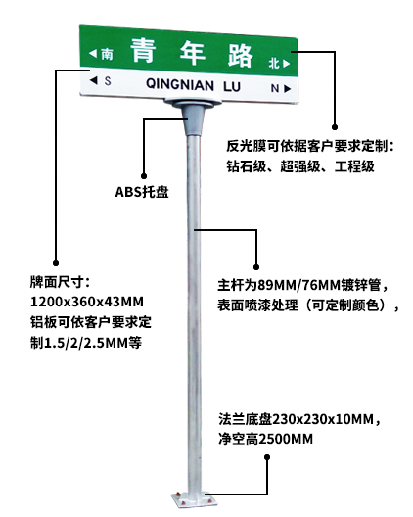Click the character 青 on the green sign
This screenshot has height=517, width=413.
[144, 50]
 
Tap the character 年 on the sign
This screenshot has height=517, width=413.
[193, 53]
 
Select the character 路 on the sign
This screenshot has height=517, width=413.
[241, 56]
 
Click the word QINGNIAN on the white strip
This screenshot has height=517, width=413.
[180, 84]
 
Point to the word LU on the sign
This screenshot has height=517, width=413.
[232, 86]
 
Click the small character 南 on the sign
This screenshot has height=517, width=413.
[107, 54]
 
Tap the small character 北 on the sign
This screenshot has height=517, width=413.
[274, 63]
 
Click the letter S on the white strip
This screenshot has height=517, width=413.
[108, 80]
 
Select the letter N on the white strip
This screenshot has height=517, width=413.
[275, 88]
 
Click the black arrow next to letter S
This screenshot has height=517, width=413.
[94, 80]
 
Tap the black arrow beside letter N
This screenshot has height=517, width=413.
[287, 89]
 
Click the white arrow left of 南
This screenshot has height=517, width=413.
[93, 53]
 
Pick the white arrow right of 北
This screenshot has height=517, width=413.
[286, 64]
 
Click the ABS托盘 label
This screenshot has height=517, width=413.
[142, 192]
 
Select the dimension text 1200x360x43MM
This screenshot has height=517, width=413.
[87, 302]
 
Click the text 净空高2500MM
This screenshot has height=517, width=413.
[265, 439]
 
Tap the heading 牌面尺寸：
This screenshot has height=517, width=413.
[60, 282]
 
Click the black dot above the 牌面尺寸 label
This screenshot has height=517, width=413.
[56, 263]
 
